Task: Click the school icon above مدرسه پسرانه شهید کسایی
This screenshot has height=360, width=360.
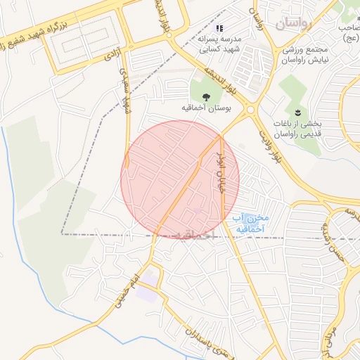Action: [x=220, y=28]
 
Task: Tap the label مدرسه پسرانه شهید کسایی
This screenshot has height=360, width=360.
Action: [x=220, y=44]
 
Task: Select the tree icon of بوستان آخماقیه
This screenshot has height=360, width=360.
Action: [x=205, y=97]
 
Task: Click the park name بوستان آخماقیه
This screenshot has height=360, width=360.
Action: [x=205, y=110]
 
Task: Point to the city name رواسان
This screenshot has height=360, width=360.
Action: [x=292, y=25]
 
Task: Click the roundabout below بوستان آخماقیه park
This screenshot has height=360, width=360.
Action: [x=250, y=109]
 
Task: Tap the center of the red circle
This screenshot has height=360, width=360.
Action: [x=180, y=179]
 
